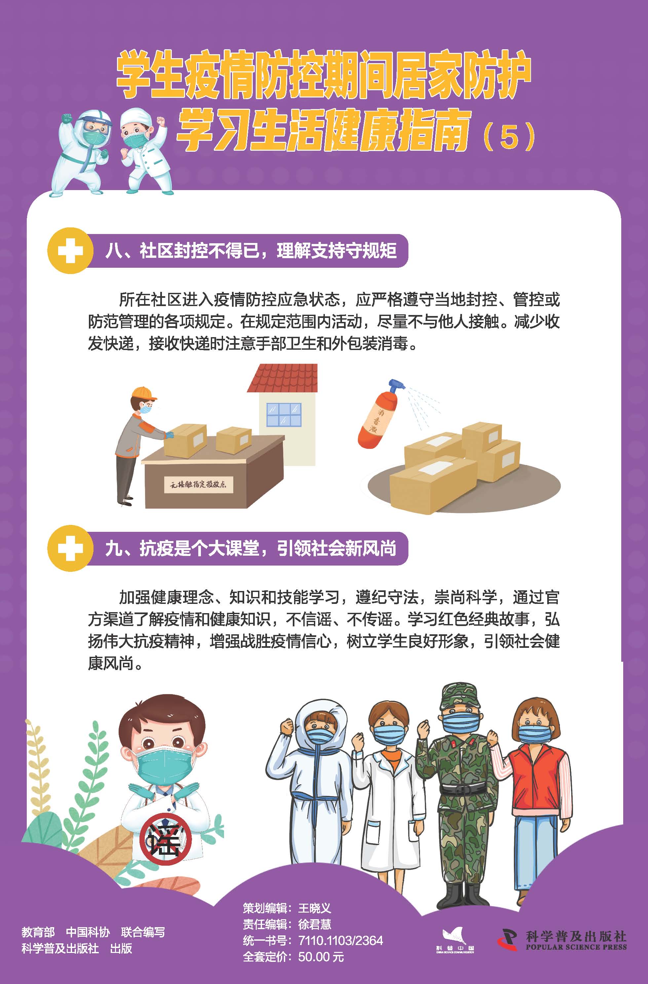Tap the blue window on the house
(x=284, y=414)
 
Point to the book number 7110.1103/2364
(x=341, y=941)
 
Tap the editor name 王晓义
(x=315, y=908)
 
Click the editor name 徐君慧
(x=315, y=924)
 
